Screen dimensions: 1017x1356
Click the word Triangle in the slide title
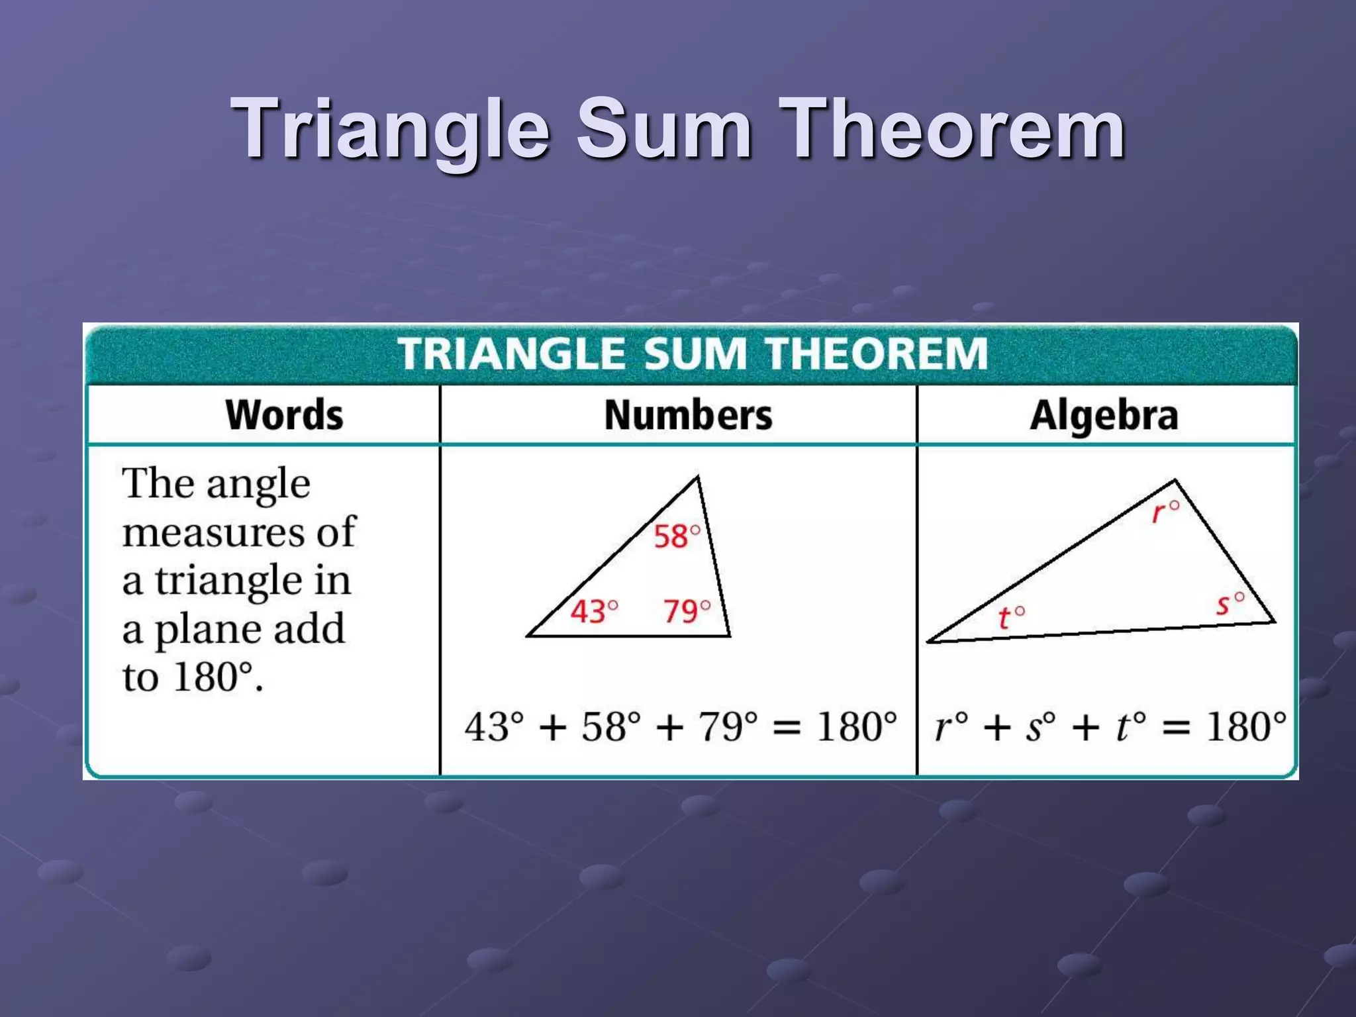point(391,129)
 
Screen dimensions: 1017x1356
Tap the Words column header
point(285,416)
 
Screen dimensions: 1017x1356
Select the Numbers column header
point(688,416)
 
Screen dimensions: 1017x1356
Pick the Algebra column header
point(1104,416)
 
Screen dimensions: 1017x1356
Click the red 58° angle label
point(676,536)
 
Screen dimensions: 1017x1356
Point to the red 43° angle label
point(594,611)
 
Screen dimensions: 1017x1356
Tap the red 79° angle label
point(687,611)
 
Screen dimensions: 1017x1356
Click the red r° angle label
point(1165,512)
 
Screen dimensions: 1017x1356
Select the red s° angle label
point(1230,604)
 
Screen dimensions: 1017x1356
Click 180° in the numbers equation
point(856,727)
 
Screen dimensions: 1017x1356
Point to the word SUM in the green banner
point(694,354)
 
